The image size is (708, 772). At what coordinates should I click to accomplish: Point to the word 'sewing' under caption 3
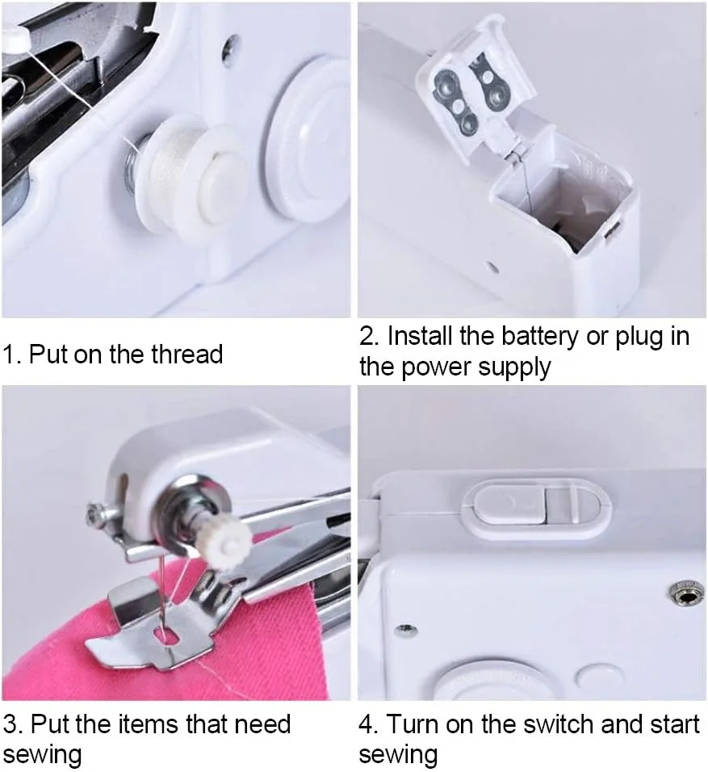click(x=42, y=754)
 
